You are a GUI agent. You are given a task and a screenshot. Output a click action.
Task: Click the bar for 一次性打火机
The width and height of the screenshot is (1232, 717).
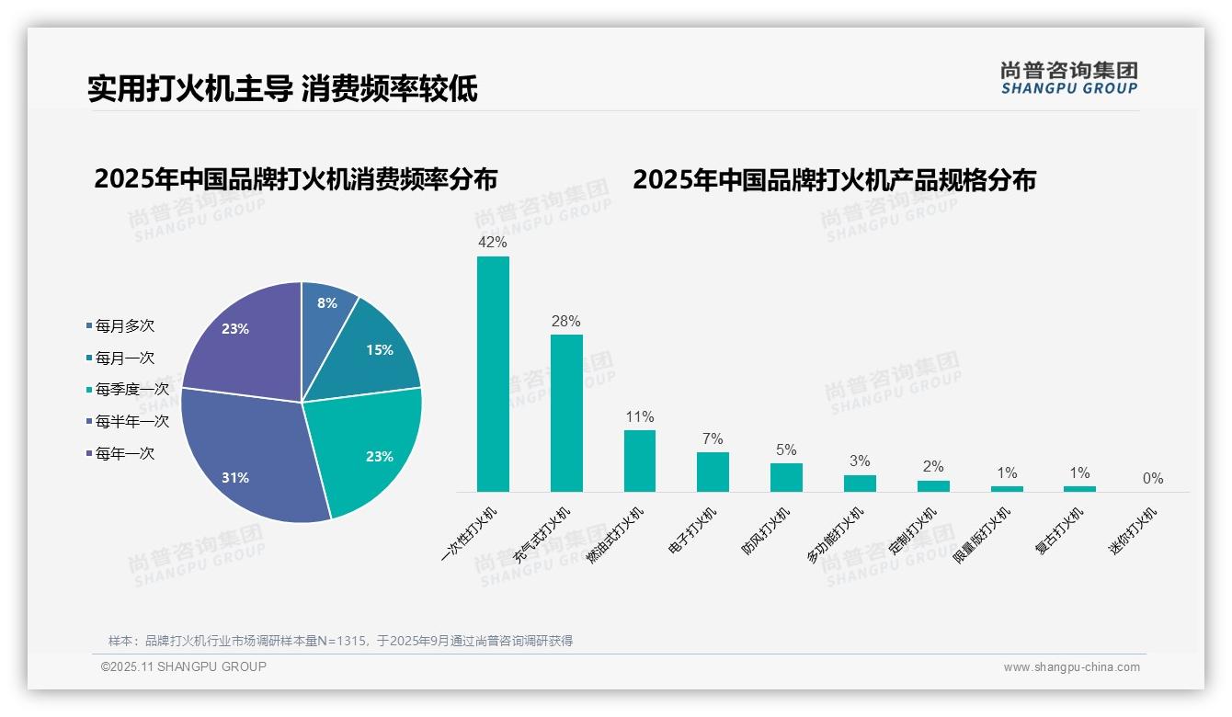493,374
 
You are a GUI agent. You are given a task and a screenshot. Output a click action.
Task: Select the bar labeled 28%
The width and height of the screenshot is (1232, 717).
566,413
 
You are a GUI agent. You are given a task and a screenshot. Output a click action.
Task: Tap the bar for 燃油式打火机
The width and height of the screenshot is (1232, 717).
639,461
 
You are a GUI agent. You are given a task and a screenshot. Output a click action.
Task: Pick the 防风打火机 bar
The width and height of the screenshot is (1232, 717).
786,477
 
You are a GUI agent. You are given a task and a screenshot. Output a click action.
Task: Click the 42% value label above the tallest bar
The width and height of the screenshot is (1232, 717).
493,243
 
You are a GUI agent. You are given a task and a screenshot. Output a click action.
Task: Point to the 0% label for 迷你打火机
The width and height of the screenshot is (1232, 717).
1153,478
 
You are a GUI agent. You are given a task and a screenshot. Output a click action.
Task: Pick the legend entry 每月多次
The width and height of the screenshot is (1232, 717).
124,326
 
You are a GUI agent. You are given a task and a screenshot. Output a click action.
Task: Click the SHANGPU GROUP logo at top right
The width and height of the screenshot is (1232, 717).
1068,78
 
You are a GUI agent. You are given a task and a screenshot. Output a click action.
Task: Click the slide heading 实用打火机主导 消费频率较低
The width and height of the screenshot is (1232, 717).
282,89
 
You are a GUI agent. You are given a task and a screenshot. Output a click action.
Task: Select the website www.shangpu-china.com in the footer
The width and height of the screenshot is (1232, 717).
1071,667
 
